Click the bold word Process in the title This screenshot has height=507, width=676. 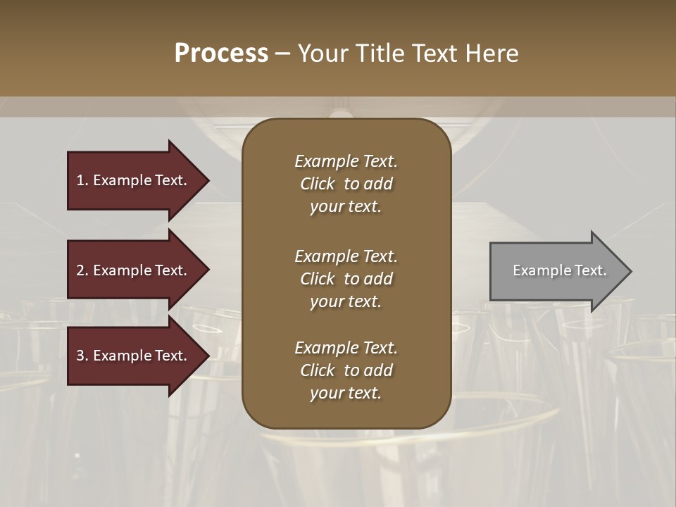pyautogui.click(x=221, y=54)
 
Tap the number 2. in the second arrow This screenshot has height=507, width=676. pyautogui.click(x=82, y=270)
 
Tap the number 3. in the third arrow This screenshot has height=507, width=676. pyautogui.click(x=82, y=356)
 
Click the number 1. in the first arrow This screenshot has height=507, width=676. pyautogui.click(x=82, y=180)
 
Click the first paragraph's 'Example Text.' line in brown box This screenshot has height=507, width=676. pyautogui.click(x=346, y=161)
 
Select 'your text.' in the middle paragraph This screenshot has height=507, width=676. pyautogui.click(x=346, y=301)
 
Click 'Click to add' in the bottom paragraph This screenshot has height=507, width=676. pyautogui.click(x=346, y=370)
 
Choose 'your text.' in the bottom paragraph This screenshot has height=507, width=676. pyautogui.click(x=346, y=393)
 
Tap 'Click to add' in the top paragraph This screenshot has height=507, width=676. pyautogui.click(x=346, y=184)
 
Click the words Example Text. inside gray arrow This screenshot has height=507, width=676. pyautogui.click(x=559, y=270)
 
